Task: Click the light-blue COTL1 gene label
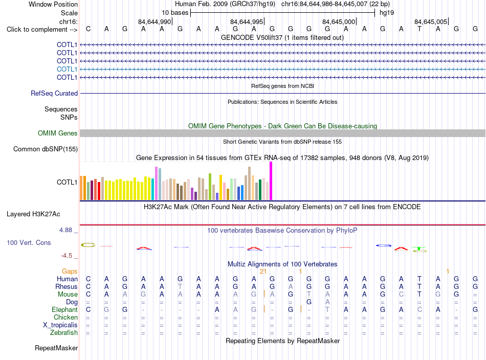point(67,69)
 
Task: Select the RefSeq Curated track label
point(54,93)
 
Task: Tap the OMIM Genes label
point(58,133)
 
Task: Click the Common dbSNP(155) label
point(46,149)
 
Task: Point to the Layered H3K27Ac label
point(33,214)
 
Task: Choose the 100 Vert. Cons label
point(29,242)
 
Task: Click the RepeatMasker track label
point(56,348)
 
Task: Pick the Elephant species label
point(65,309)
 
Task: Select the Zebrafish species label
point(64,332)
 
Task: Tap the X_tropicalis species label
point(60,325)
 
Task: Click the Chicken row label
point(65,317)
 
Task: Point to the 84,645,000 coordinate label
point(339,21)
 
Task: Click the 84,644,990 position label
point(154,21)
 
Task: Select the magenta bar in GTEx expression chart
point(271,181)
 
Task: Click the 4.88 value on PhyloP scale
point(65,230)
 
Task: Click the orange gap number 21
point(263,272)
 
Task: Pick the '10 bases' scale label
point(175,13)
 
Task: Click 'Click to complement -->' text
point(42,30)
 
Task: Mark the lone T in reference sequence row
point(419,29)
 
